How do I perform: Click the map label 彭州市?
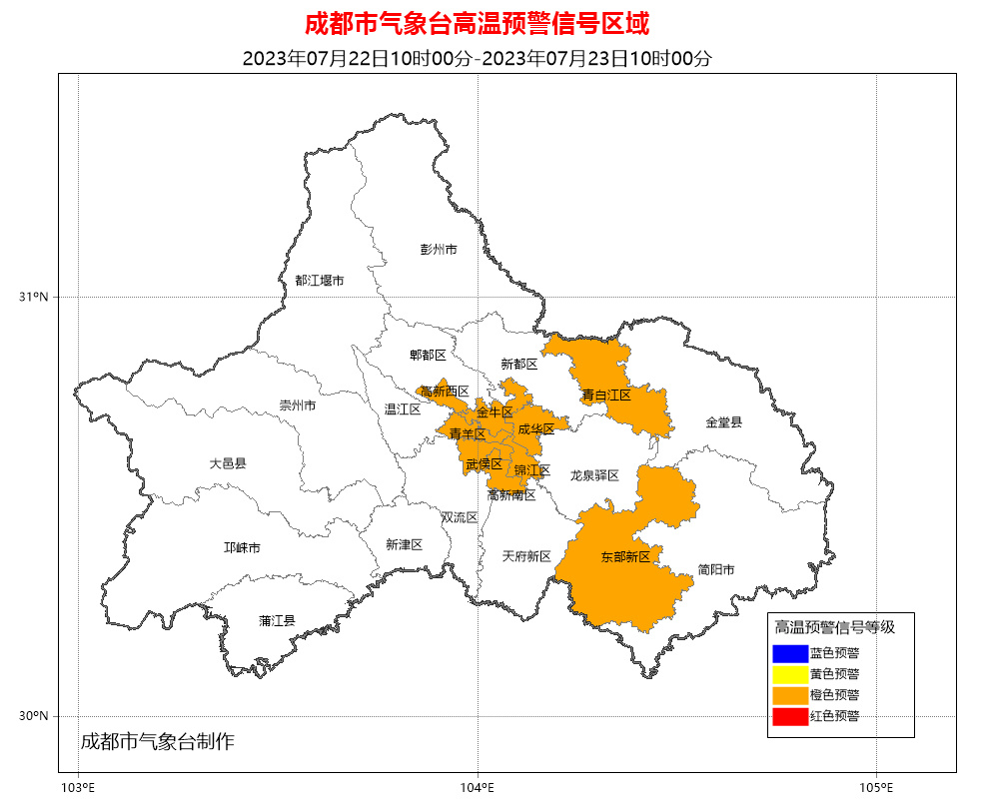(x=438, y=249)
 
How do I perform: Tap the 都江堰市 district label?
(x=319, y=281)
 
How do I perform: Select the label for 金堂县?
(x=724, y=422)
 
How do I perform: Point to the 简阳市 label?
(x=715, y=569)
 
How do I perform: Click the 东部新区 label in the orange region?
(x=625, y=556)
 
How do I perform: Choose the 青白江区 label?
(x=606, y=396)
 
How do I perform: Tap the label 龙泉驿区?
(x=594, y=475)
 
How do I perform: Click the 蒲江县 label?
(x=277, y=620)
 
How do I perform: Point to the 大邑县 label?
(x=228, y=463)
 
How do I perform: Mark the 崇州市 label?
(x=297, y=405)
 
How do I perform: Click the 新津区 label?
(x=404, y=544)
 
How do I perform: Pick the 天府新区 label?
(x=526, y=556)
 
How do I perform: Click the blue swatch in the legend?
(x=789, y=653)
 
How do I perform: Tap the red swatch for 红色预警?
(x=789, y=716)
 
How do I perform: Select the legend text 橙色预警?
(x=834, y=694)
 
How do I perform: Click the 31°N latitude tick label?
(x=33, y=297)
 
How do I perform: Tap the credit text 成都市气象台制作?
(x=157, y=741)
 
